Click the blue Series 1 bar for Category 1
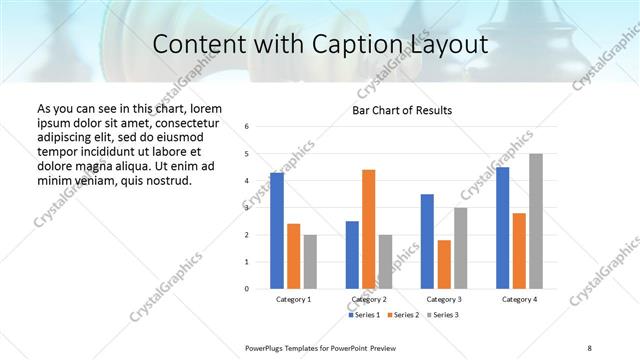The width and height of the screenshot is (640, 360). click(x=277, y=231)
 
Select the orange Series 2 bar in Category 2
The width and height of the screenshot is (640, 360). click(x=368, y=229)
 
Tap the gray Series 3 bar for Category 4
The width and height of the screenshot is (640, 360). click(x=536, y=221)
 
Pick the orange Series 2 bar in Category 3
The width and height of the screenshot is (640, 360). click(x=444, y=264)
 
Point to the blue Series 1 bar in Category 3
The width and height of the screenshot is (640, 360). click(x=427, y=241)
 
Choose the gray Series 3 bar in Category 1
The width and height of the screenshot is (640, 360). click(x=310, y=262)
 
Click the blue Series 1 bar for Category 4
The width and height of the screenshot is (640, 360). click(x=503, y=228)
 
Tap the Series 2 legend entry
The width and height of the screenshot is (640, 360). click(x=404, y=315)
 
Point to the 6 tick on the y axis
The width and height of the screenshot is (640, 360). click(x=247, y=127)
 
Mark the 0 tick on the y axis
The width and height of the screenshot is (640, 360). click(x=247, y=289)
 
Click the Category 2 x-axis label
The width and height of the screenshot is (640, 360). click(x=369, y=299)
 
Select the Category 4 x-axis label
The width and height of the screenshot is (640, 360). click(x=519, y=299)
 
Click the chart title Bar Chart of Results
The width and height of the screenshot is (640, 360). click(x=402, y=110)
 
